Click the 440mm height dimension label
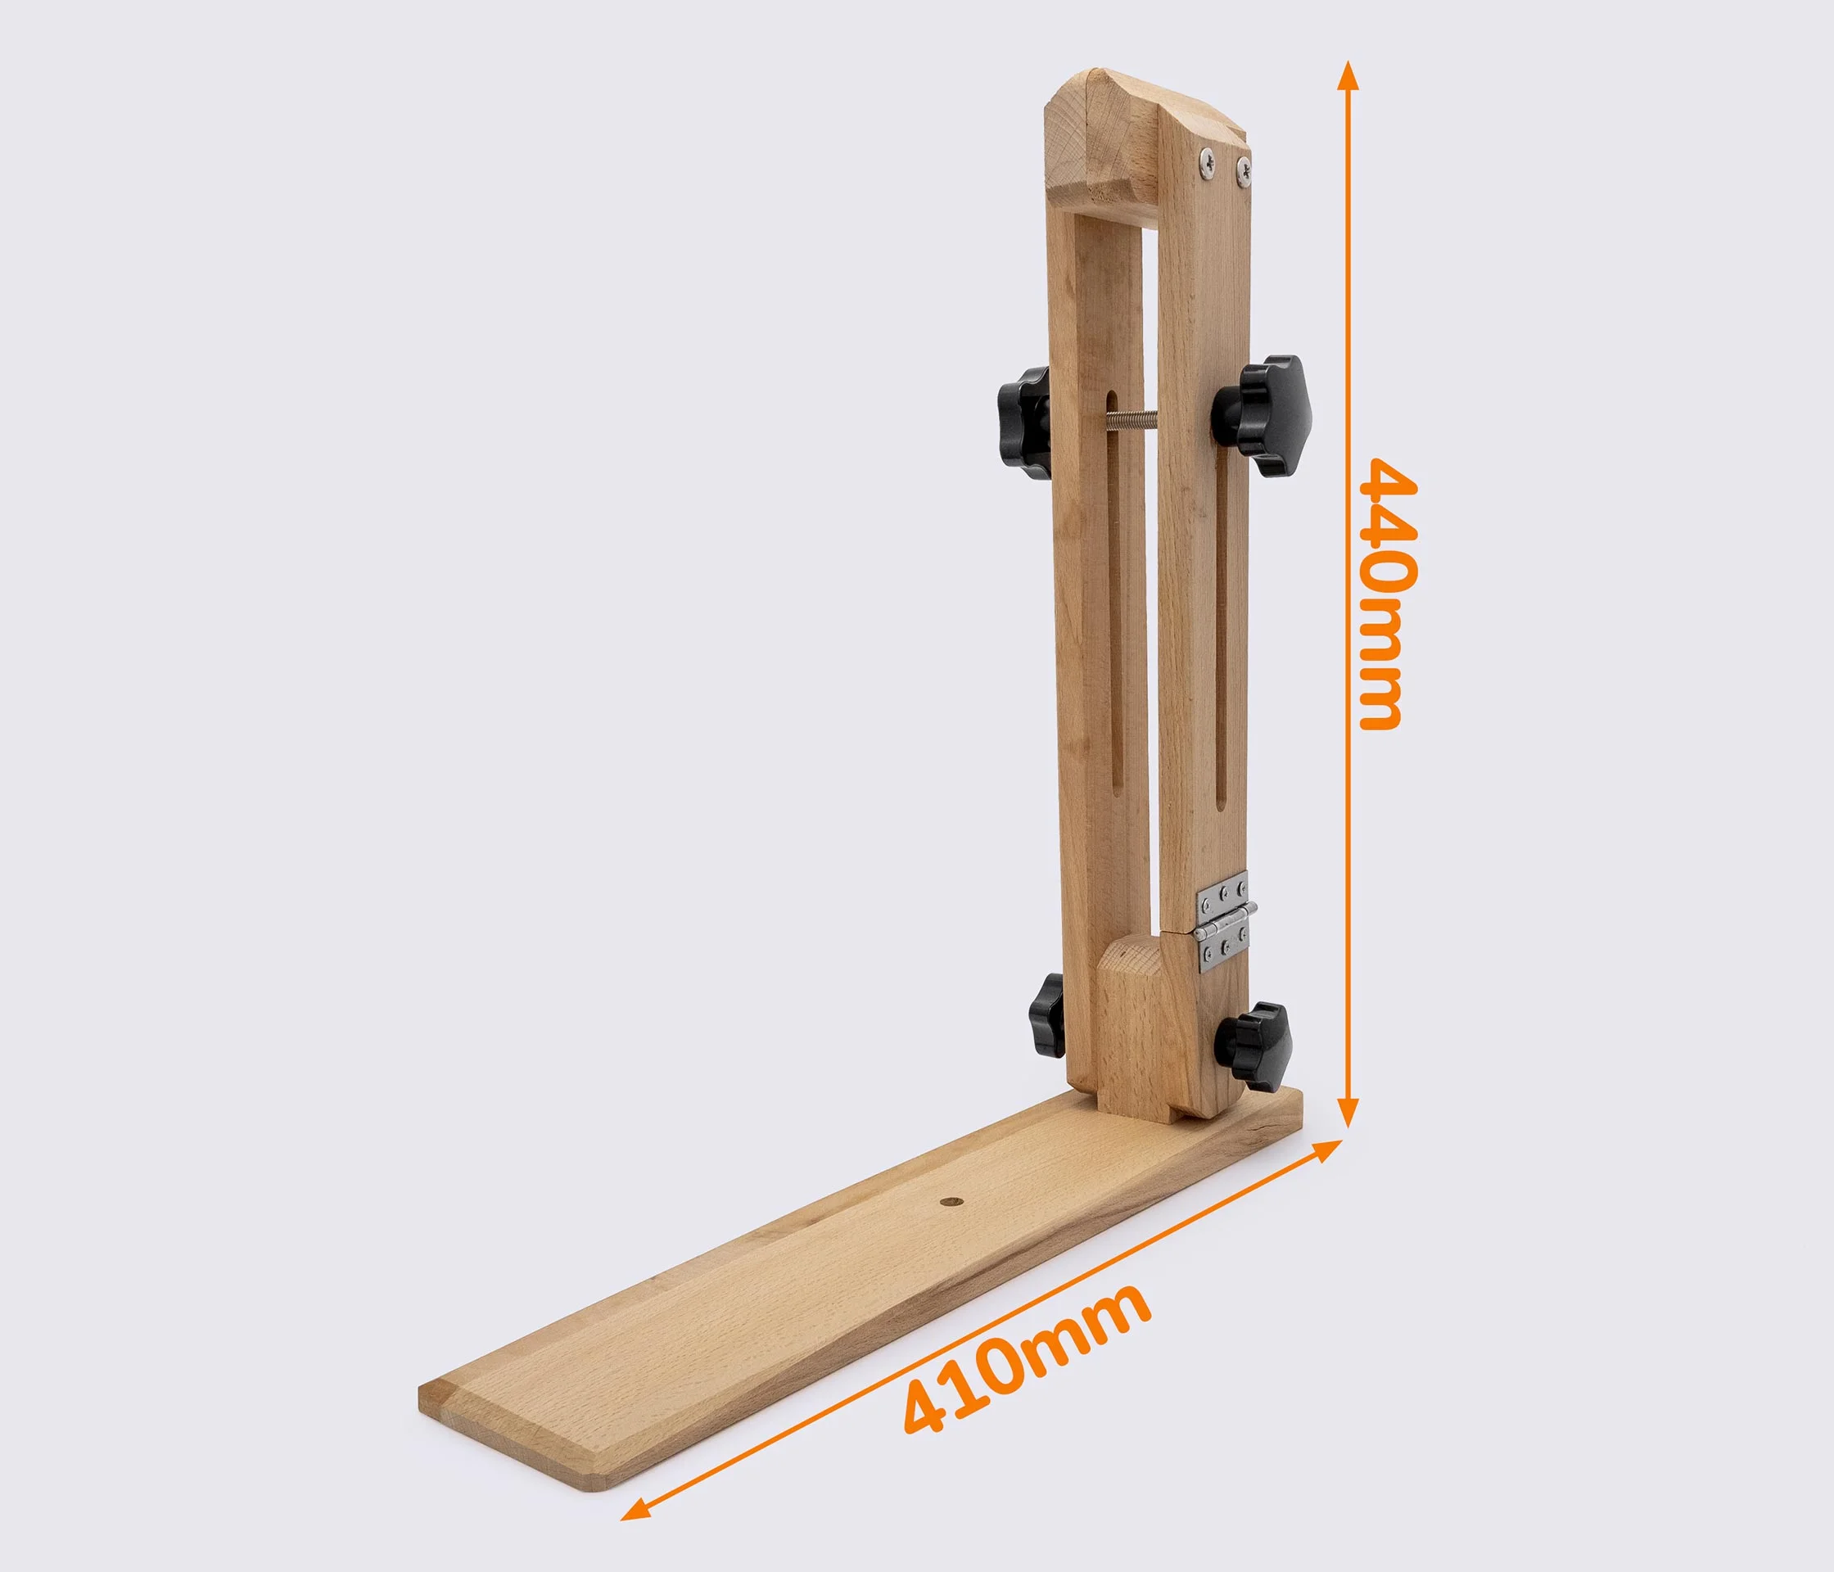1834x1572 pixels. point(1389,593)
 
